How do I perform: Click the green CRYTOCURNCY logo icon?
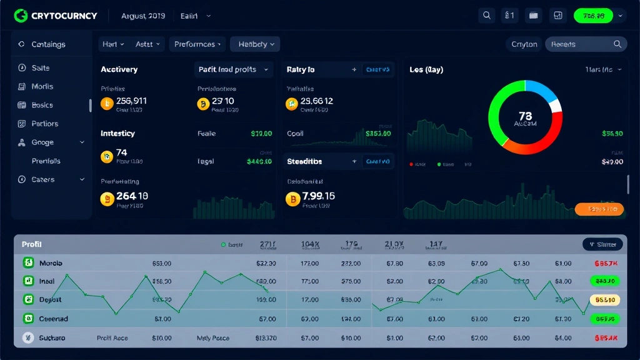point(21,15)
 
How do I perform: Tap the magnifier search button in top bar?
point(487,16)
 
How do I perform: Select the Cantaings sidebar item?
point(47,44)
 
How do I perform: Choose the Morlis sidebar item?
point(42,86)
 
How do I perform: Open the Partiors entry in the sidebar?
point(44,124)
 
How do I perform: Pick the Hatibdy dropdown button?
point(255,44)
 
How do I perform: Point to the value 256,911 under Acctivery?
point(131,101)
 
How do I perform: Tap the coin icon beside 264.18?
point(106,199)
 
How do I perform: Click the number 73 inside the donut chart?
point(525,116)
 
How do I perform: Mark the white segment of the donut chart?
point(556,106)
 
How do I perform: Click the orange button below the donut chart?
point(599,209)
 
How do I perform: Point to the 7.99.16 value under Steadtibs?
point(318,196)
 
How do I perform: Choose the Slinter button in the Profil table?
point(602,244)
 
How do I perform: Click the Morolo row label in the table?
point(51,263)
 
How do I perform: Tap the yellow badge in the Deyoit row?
point(604,300)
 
